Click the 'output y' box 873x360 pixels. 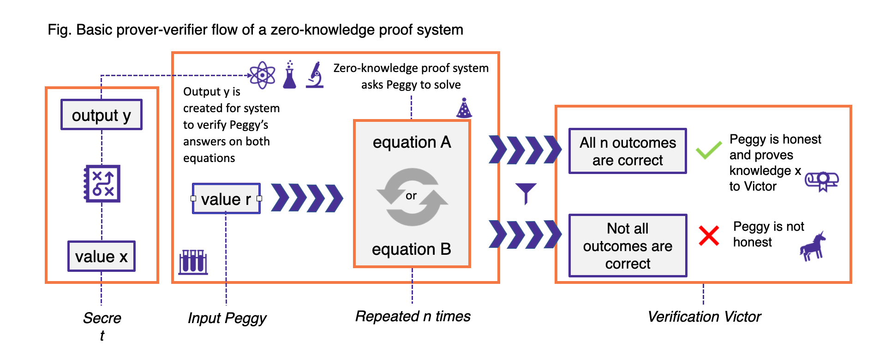[102, 115]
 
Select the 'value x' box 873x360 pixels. [102, 256]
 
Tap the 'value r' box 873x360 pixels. [226, 199]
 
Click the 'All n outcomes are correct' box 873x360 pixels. [628, 151]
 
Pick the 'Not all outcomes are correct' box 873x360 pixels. [628, 246]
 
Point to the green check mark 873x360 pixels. [708, 150]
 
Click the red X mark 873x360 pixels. [709, 235]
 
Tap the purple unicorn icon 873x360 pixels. [813, 246]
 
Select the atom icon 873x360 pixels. [263, 75]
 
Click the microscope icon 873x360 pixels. [315, 75]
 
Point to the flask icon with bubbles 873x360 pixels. [289, 75]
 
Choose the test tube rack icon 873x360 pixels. [193, 262]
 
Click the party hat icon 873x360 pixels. [464, 108]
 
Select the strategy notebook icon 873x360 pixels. [102, 183]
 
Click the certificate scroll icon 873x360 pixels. [822, 181]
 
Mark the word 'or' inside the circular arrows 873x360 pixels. [411, 196]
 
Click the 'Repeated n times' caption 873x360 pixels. [413, 317]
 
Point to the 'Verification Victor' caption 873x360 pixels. [704, 317]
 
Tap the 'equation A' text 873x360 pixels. [412, 142]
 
